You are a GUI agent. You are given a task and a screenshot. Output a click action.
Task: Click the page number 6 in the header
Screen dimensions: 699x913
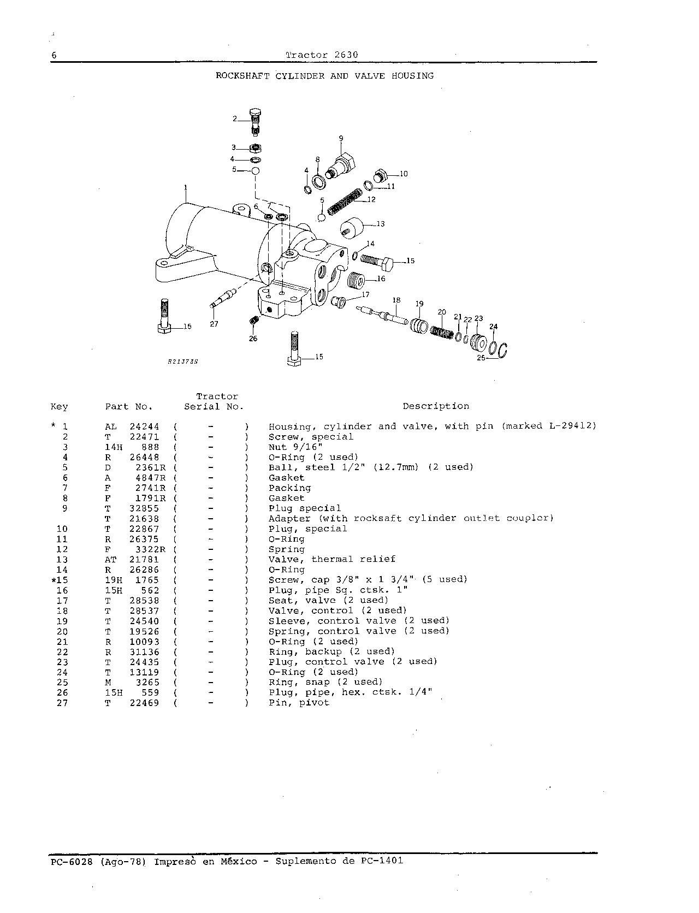point(54,55)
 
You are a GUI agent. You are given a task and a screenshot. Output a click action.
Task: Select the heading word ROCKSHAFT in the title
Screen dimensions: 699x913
point(242,76)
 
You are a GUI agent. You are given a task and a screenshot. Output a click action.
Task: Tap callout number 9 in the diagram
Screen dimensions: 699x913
point(341,138)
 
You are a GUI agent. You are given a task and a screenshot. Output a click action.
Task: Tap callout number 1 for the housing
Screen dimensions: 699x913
point(186,188)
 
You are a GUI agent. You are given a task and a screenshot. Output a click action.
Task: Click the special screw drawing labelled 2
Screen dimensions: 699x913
point(255,121)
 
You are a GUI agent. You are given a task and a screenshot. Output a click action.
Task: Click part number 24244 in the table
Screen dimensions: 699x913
point(144,426)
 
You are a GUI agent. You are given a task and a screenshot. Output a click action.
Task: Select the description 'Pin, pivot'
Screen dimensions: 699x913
point(299,703)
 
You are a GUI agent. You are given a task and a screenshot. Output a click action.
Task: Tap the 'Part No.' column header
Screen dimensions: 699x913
point(129,407)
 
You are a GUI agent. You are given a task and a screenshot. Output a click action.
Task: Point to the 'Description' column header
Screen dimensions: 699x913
point(436,406)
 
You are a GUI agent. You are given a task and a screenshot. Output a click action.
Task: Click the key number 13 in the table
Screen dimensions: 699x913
point(62,560)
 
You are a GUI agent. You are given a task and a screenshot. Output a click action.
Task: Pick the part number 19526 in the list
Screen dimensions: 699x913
point(144,631)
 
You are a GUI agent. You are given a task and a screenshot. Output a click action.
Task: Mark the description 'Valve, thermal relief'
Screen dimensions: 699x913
point(331,559)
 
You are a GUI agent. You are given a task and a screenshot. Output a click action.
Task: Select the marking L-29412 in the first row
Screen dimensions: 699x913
point(572,426)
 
